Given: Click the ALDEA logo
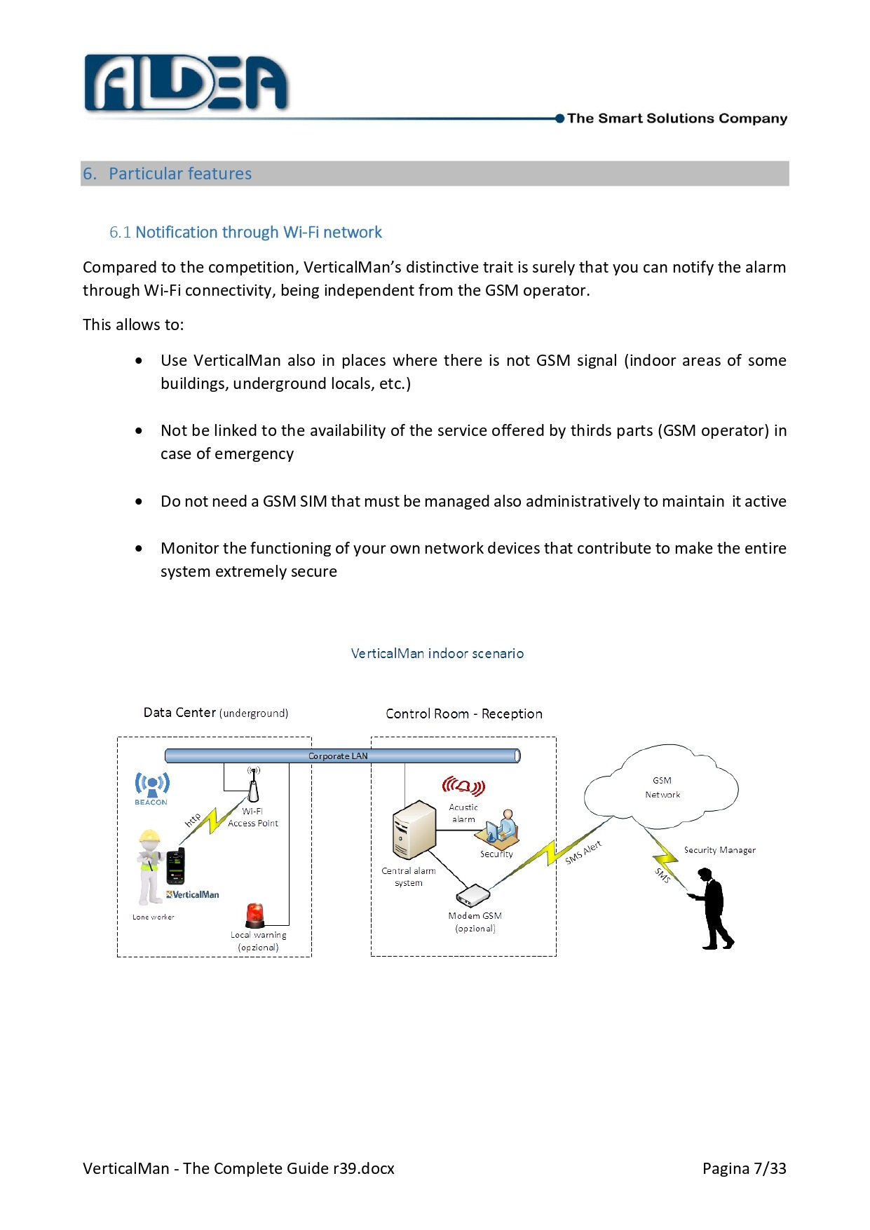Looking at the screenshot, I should [x=186, y=83].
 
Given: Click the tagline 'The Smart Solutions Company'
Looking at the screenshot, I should [x=677, y=118].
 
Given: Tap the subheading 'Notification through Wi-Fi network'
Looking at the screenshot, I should [x=258, y=232].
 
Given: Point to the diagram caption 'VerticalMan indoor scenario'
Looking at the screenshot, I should [x=437, y=653].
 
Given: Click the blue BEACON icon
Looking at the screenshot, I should [x=151, y=786].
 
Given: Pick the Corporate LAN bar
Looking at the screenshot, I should [x=342, y=756].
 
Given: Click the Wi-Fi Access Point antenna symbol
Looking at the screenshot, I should [x=253, y=784].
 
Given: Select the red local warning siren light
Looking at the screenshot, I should [x=254, y=915].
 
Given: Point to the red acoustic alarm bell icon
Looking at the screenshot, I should [x=463, y=786].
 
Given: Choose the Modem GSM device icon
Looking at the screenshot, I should [x=473, y=895].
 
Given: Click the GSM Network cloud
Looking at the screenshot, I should [x=661, y=787].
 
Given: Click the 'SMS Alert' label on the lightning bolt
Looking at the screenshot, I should [x=583, y=852].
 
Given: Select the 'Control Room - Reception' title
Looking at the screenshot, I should [x=463, y=713].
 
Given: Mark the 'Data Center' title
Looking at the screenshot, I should [x=179, y=713].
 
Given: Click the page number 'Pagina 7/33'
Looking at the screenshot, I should [x=744, y=1168].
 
